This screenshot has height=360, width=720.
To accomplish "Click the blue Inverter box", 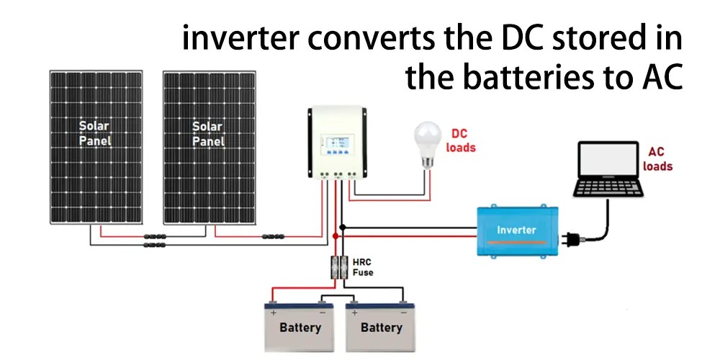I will tap(517, 230).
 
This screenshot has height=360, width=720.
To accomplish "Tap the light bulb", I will tap(427, 144).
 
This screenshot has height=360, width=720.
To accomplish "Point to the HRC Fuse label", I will tap(362, 267).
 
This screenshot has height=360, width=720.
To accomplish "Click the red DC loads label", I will tap(461, 140).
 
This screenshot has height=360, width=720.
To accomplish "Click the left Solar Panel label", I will tap(94, 134).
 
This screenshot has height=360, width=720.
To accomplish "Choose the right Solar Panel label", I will tap(207, 134).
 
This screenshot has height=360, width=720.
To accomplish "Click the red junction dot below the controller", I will tap(335, 236).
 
